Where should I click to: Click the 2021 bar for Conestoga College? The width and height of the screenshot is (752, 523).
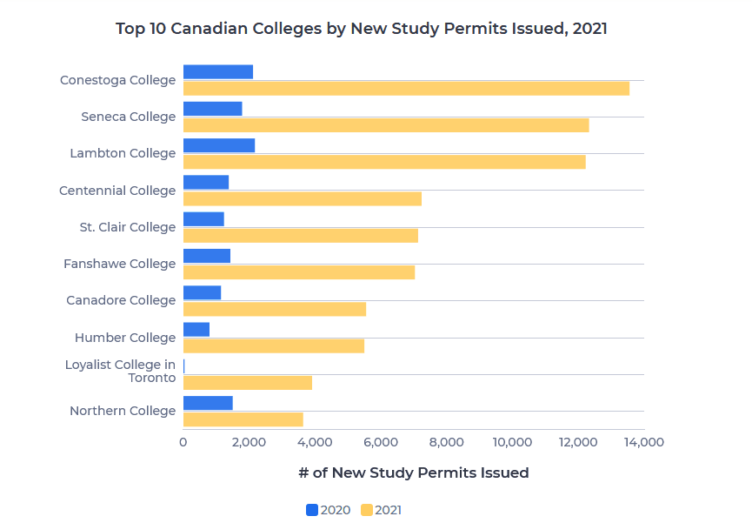(406, 88)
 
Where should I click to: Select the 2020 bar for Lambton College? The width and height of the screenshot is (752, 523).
(219, 145)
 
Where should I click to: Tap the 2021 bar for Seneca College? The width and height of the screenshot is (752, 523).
(386, 125)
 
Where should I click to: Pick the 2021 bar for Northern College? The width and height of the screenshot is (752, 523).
(243, 419)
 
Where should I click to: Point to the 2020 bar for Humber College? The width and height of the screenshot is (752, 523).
(196, 330)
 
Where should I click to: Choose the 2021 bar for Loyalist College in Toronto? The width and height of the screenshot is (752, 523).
(248, 383)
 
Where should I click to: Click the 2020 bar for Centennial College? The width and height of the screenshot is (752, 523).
(206, 182)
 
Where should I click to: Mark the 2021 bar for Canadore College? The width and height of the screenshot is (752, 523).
(275, 309)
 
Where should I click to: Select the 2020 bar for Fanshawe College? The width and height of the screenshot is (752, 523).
(207, 256)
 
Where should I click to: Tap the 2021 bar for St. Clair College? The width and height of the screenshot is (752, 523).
(301, 236)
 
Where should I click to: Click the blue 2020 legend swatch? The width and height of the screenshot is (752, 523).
(312, 510)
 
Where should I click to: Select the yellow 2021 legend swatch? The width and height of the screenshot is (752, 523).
(366, 510)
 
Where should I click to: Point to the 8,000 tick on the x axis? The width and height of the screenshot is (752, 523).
(447, 442)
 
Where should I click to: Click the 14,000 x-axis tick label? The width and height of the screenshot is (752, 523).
(644, 442)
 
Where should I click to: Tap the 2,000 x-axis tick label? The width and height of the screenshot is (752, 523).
(249, 442)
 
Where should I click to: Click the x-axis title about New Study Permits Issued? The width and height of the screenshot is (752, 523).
(413, 473)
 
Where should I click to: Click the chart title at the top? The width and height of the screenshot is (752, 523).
(362, 29)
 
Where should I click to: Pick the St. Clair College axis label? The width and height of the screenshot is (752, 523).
(128, 227)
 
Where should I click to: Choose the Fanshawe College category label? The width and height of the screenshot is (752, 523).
(120, 264)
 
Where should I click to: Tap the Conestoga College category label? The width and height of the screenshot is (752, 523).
(118, 80)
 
